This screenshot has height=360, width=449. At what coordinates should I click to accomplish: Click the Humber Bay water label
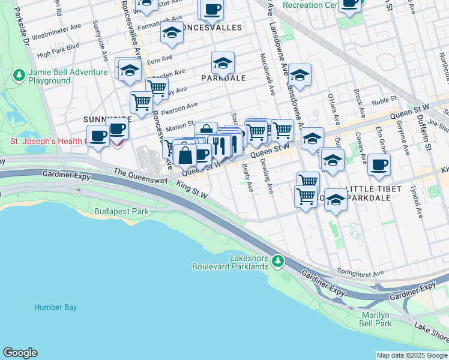[x=55, y=307]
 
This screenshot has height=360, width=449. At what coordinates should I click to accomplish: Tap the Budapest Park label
[x=121, y=211]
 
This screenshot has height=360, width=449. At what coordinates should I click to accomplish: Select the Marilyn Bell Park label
[x=376, y=319]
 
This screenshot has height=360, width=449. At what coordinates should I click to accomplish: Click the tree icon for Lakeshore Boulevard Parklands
[x=277, y=261]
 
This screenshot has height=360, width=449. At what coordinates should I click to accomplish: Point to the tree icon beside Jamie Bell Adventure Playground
[x=19, y=75]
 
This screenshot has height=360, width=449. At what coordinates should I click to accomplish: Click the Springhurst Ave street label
[x=360, y=273]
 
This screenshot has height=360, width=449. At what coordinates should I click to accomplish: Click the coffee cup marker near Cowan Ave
[x=379, y=164]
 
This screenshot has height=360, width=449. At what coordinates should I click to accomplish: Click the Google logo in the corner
[x=20, y=353]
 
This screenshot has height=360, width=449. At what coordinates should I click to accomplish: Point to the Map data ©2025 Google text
[x=412, y=355]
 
